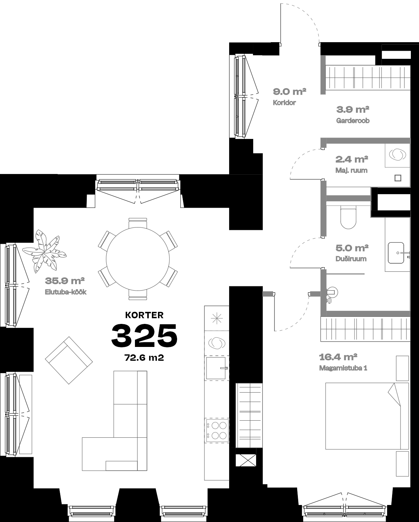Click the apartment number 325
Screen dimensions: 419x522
coord(144,336)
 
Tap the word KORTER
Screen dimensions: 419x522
coord(144,315)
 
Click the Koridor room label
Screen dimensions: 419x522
coord(284,103)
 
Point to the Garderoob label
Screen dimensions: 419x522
coord(353,120)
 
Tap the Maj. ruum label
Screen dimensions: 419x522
coord(351,170)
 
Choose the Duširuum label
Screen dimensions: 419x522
coord(351,259)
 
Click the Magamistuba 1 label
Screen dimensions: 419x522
coord(343,368)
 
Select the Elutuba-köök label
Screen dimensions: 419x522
coord(66,292)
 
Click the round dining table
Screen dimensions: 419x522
coord(138,259)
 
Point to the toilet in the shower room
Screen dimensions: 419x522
coord(348,217)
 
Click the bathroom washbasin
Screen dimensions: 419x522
coord(396,253)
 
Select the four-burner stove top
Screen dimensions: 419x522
coord(216,430)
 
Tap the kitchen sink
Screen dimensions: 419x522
coord(216,368)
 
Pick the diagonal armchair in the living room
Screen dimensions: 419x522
coord(69,360)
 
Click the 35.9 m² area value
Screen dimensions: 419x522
coord(64,281)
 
